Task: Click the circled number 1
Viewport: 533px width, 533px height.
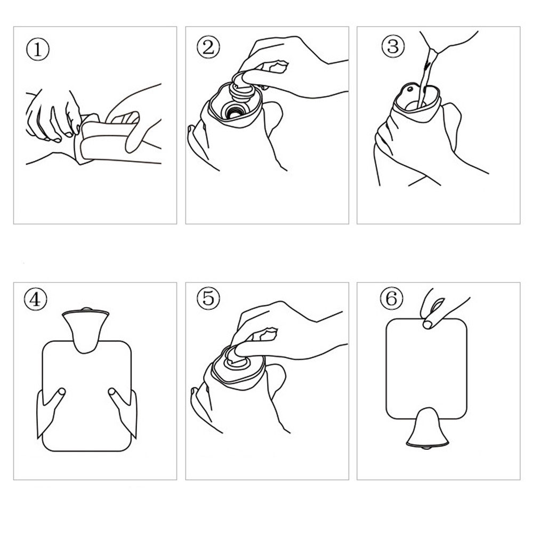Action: (x=38, y=49)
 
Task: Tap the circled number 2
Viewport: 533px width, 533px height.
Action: (x=208, y=47)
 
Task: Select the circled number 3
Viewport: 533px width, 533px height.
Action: (x=393, y=46)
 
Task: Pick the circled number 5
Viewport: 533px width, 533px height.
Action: (x=208, y=298)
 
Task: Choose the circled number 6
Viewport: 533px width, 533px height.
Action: (x=392, y=298)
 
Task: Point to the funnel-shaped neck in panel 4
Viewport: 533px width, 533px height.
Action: (x=86, y=330)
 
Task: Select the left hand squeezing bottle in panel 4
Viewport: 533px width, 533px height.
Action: (x=49, y=411)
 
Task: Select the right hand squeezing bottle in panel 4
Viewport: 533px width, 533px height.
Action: (x=124, y=412)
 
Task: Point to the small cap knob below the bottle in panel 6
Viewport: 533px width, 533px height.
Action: (x=426, y=448)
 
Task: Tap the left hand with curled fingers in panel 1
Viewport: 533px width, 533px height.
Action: (x=53, y=116)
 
